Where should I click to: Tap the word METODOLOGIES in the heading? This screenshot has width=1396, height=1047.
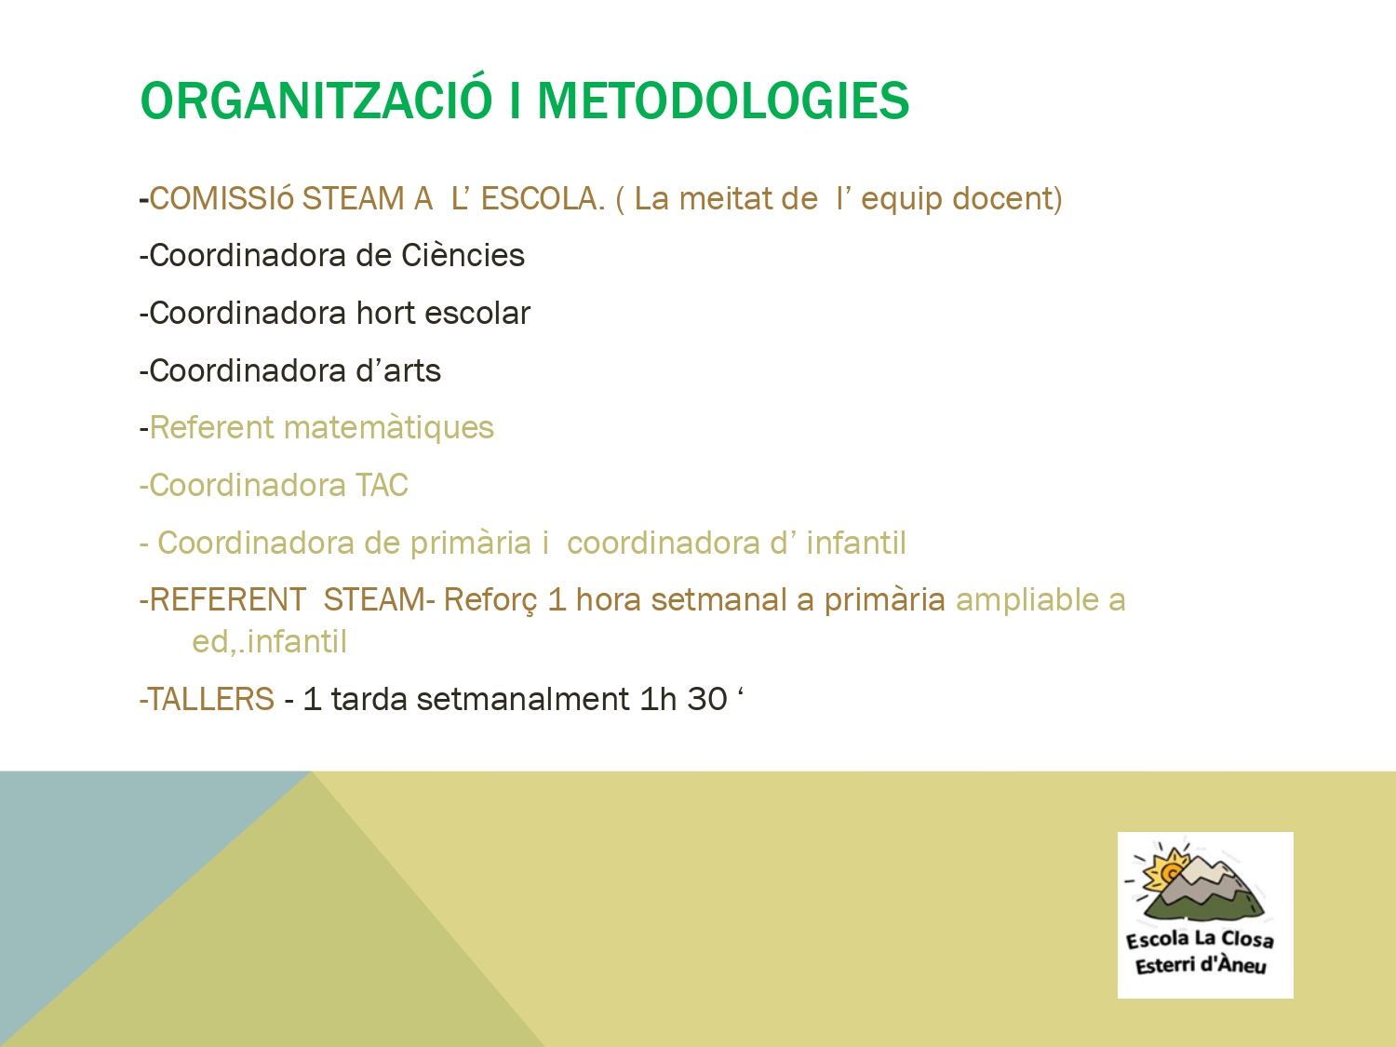coord(723,101)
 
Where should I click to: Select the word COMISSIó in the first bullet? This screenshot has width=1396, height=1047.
coord(221,198)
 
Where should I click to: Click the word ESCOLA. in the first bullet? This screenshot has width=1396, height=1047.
coord(543,198)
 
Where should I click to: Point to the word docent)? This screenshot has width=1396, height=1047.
coord(1007,199)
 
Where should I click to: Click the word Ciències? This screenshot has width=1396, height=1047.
coord(463,256)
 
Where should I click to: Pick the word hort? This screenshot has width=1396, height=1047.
coord(384,313)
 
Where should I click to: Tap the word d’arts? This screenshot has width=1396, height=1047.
coord(398,370)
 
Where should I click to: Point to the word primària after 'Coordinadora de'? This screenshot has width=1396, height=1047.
coord(470,544)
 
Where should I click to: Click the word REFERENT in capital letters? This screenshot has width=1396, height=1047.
coord(228,599)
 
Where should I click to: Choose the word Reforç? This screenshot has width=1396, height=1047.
coord(490,600)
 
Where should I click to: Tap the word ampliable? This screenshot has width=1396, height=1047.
coord(1027,600)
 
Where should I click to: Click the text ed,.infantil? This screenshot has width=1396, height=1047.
coord(270,641)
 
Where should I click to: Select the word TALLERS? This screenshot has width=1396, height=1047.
coord(210,699)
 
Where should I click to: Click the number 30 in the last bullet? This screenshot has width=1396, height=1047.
coord(707,699)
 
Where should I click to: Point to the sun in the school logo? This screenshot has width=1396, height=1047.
coord(1166,869)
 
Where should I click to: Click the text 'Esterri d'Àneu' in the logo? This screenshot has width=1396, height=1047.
coord(1201,965)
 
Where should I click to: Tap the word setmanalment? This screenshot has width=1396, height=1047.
coord(523,699)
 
